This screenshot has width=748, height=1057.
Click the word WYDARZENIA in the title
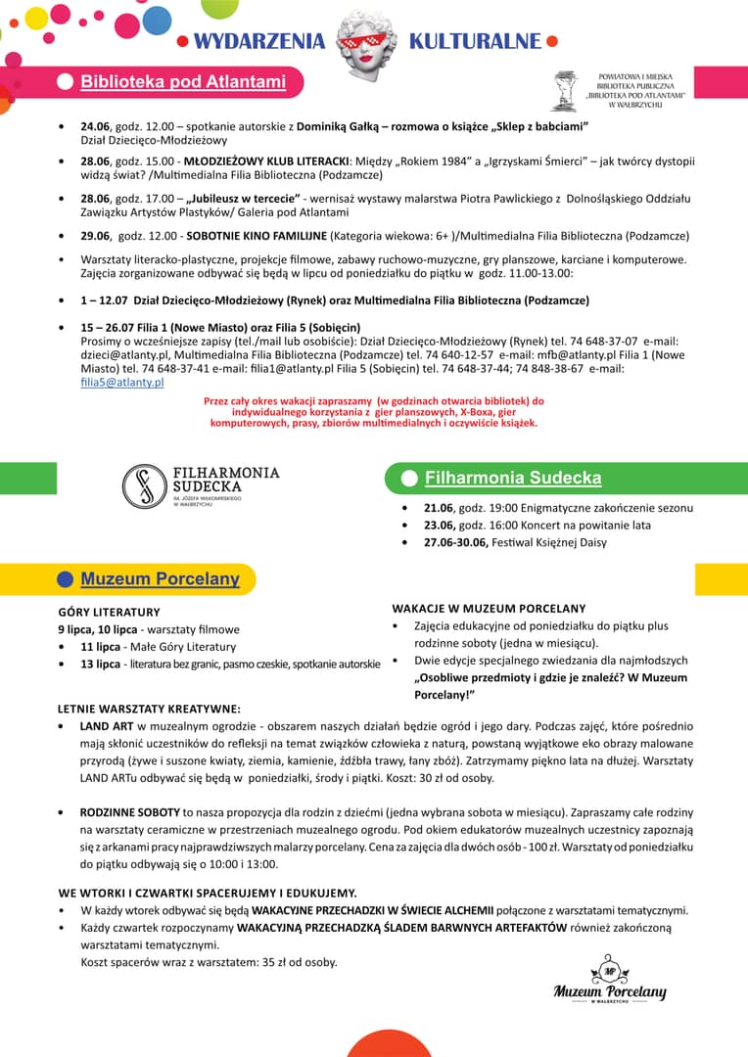[x=258, y=41]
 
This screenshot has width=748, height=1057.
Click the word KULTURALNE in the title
[x=475, y=41]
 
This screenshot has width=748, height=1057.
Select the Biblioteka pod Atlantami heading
[x=183, y=82]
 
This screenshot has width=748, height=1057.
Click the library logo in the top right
[x=566, y=90]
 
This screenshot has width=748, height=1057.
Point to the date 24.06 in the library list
[x=95, y=127]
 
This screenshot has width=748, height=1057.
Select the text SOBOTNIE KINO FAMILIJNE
[x=257, y=236]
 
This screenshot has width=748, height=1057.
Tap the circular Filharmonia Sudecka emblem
[x=144, y=486]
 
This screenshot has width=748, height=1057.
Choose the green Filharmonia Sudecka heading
[x=513, y=479]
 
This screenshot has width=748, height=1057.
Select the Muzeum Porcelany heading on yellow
[x=160, y=579]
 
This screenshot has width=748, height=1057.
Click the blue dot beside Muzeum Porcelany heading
[x=66, y=579]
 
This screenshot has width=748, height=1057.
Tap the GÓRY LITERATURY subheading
[x=109, y=612]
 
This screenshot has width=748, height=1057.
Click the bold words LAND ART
[x=107, y=726]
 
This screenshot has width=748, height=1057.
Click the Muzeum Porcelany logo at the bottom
[x=609, y=981]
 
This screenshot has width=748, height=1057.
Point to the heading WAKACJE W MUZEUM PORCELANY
[x=489, y=609]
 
